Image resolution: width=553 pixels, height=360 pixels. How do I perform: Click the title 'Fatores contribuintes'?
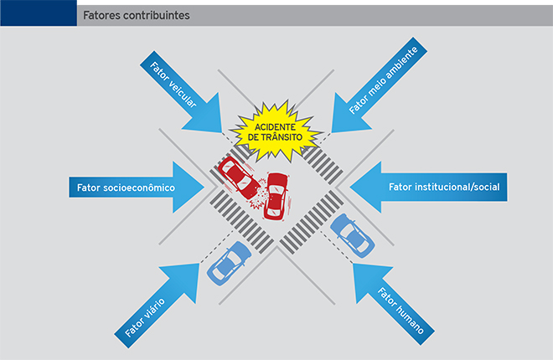click(136, 16)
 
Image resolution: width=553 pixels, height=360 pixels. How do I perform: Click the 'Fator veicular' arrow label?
click(175, 86)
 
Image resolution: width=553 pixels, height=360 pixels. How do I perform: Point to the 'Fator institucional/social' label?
click(444, 186)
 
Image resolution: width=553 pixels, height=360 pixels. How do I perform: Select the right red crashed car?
click(276, 195)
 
